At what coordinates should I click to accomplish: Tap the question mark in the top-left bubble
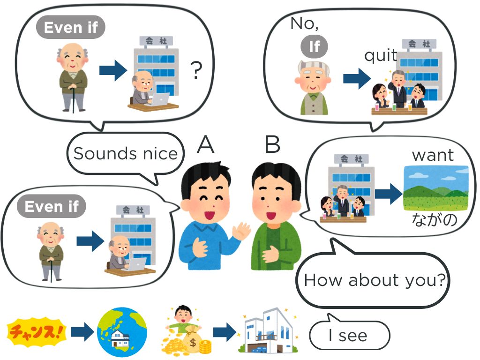(197, 71)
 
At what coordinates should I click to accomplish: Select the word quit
(381, 56)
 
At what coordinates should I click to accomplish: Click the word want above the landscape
(433, 155)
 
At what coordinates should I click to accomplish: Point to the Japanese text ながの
(434, 219)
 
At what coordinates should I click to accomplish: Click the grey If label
(314, 46)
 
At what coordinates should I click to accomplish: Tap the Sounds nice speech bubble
(126, 154)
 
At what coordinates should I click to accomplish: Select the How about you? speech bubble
(374, 280)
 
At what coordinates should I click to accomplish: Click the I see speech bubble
(349, 335)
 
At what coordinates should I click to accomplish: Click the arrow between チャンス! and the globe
(82, 332)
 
